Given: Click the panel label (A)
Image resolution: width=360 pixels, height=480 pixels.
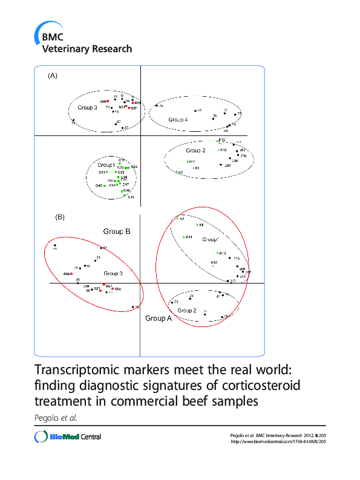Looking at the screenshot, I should click(53, 76).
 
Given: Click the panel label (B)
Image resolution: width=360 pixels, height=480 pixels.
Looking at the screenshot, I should click(59, 216).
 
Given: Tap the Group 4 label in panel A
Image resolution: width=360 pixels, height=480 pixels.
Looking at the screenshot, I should click(178, 119).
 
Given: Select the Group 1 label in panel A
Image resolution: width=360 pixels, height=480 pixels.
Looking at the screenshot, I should click(106, 164).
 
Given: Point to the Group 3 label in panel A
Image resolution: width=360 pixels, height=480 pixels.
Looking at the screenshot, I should click(87, 108).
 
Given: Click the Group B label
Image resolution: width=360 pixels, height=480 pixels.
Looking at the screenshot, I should click(117, 231).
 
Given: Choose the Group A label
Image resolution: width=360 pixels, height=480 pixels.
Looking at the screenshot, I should click(159, 318).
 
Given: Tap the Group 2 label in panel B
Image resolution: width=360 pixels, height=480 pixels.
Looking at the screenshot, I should click(186, 310).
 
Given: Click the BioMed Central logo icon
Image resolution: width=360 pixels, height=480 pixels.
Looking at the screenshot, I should click(41, 436).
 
